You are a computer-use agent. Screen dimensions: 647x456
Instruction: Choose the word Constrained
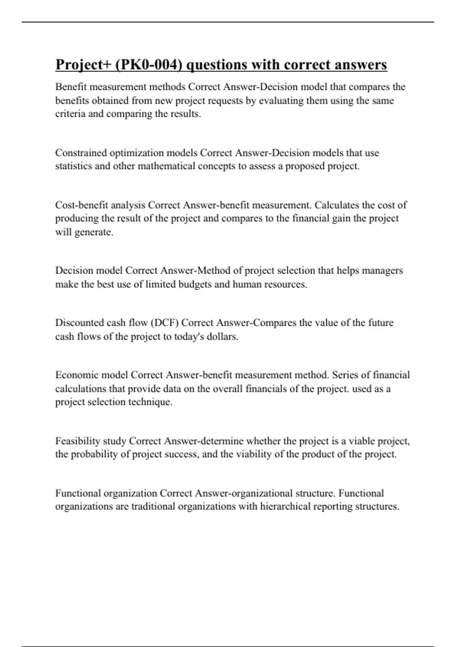click(x=81, y=153)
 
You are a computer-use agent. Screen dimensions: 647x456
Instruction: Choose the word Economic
click(x=76, y=375)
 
